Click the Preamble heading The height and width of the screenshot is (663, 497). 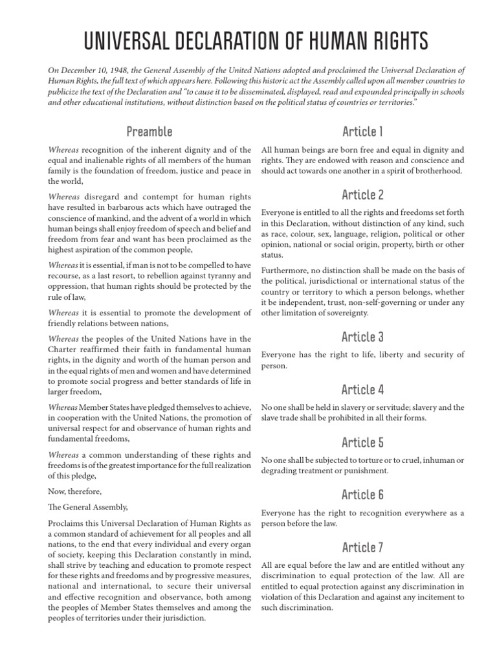coord(149,132)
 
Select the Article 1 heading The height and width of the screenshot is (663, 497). coord(363,132)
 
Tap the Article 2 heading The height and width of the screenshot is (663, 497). coord(363,194)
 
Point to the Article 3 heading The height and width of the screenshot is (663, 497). coord(363,337)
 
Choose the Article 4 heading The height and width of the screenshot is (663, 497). coord(363,390)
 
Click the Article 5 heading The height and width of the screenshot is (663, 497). coord(363,443)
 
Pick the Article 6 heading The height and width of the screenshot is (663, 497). coord(363,495)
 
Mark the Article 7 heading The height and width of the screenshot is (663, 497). coord(363,548)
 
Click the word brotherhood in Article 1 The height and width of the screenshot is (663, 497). coord(439,171)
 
